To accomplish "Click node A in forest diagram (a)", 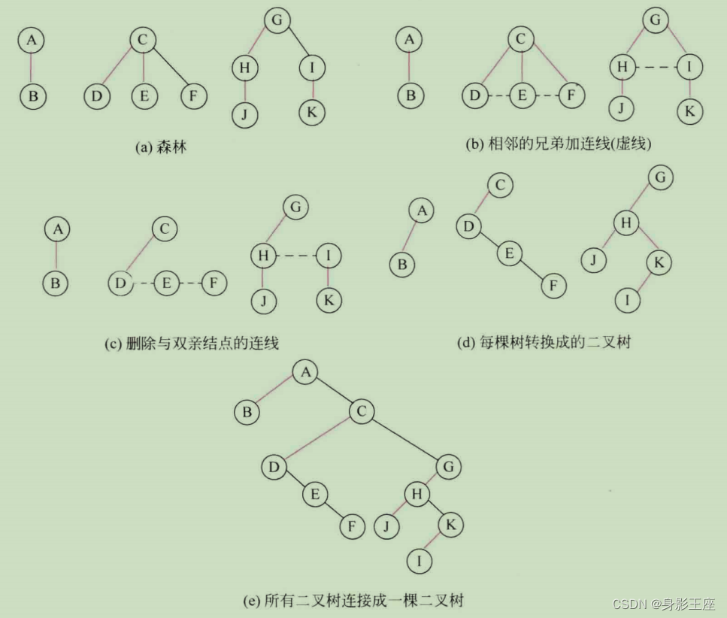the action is tap(31, 40).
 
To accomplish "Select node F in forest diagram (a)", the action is tap(193, 97).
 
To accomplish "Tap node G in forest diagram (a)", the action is tap(277, 20).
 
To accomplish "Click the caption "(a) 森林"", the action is tap(160, 147).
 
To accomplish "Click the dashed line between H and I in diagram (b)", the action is tap(656, 68).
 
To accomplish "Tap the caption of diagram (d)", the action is tap(543, 343).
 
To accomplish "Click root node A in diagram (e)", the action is tap(304, 372).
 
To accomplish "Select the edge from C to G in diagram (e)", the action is tap(404, 438).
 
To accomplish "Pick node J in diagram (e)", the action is tap(386, 526).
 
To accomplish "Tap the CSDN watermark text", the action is tap(664, 604).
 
